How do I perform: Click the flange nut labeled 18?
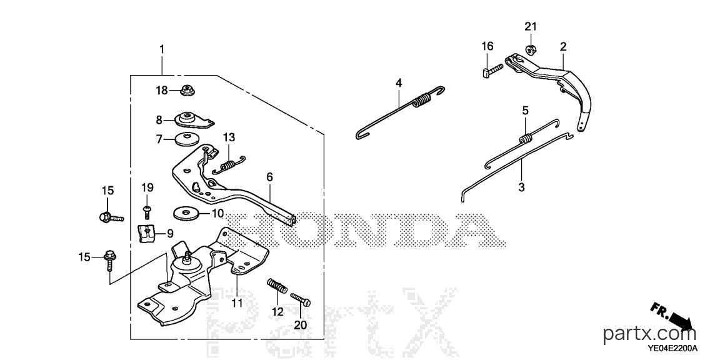187,91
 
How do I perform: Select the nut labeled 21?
531,47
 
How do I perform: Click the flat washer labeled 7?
186,138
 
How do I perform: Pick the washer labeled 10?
186,213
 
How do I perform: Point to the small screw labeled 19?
147,211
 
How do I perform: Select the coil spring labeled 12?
277,286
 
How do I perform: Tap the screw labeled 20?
300,299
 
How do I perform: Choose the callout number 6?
269,177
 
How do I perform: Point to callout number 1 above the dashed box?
162,49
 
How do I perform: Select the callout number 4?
399,83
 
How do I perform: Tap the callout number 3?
521,187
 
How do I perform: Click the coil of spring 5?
526,137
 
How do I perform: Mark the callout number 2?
563,46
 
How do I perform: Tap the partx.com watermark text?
649,334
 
